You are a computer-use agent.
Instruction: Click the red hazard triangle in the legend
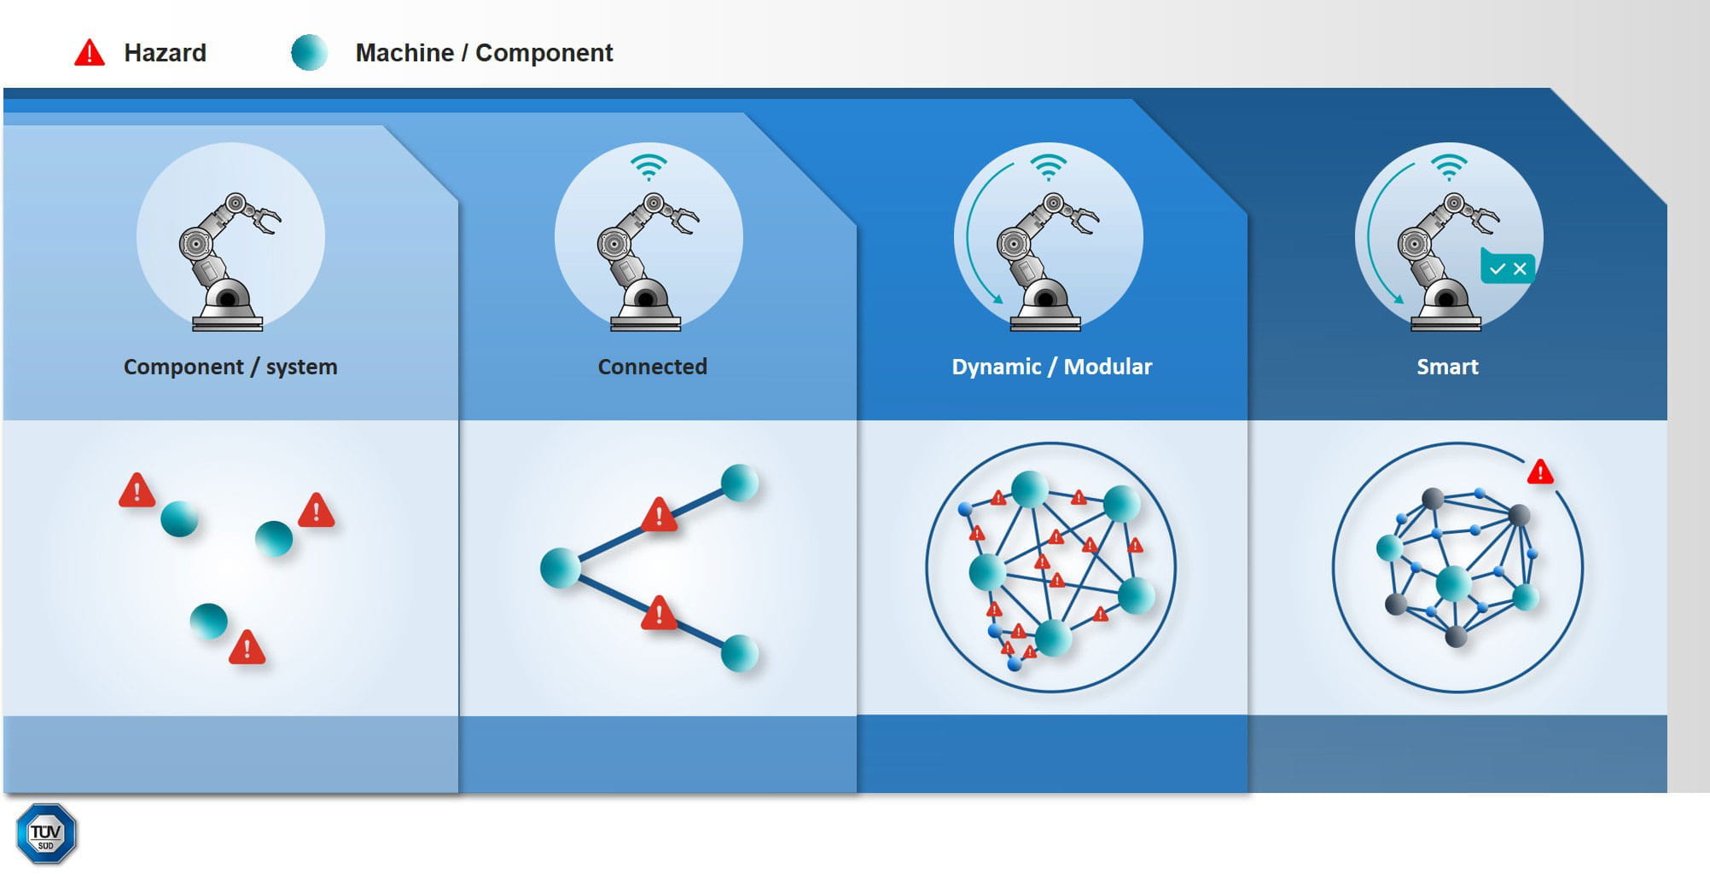90,54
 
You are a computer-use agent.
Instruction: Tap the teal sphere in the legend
309,52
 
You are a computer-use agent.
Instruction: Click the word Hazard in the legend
165,53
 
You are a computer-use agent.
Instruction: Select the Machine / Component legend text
484,53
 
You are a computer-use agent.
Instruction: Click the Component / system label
230,367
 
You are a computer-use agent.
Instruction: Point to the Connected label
652,367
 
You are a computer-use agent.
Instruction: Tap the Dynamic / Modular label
1051,367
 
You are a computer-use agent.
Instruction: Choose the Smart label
1447,367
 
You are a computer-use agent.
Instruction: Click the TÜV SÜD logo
46,834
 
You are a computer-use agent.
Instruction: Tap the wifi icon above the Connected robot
649,166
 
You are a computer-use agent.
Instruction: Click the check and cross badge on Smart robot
1508,268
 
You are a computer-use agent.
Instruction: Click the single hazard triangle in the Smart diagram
1540,472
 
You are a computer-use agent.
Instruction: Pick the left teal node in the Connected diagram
561,568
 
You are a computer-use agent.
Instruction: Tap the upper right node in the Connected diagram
739,483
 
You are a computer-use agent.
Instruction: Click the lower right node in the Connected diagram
739,654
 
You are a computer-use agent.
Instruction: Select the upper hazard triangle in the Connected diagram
659,515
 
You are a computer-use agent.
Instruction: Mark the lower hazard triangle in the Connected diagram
659,613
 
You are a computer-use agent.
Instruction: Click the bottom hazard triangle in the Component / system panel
247,648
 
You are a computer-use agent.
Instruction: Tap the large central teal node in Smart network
1453,584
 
